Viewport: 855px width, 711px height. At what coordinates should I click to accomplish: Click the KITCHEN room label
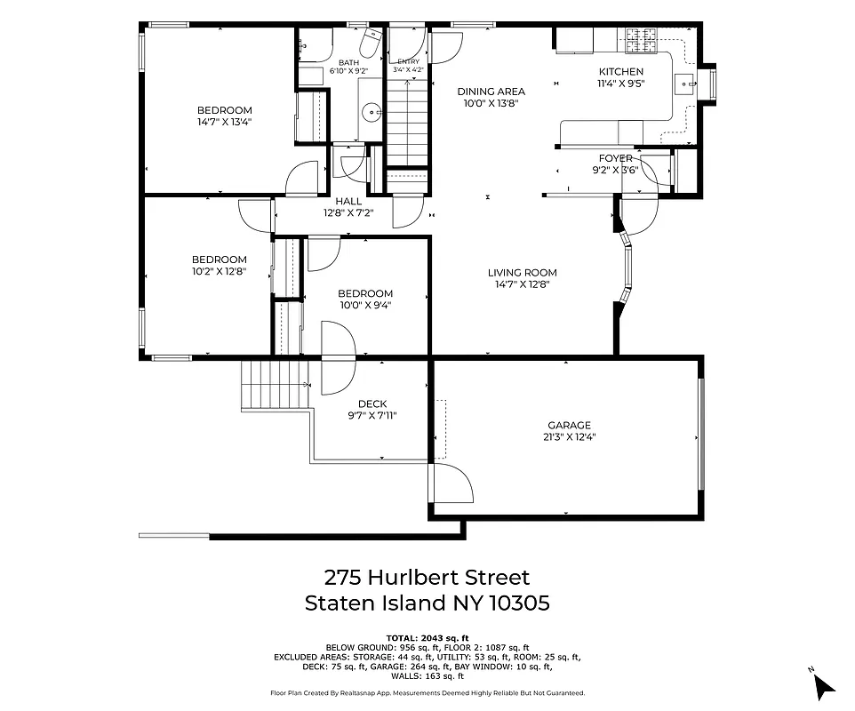pos(620,72)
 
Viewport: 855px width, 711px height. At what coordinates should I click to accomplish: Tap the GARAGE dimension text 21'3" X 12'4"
pos(568,436)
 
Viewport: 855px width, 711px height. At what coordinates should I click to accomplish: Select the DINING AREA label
pos(491,91)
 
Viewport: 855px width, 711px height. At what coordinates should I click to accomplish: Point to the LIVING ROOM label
pos(522,273)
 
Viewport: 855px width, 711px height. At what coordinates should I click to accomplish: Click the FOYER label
pos(615,158)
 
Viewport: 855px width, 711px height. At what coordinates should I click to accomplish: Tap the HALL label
pos(348,201)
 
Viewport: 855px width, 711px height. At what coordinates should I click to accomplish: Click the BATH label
pos(348,61)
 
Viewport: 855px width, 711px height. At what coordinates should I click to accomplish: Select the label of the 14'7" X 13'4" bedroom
pos(224,110)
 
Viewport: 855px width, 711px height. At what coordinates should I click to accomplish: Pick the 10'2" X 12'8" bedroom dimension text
pos(219,271)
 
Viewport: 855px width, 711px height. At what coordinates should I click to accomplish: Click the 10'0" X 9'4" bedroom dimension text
pos(364,305)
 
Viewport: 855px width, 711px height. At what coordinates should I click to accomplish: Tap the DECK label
pos(372,404)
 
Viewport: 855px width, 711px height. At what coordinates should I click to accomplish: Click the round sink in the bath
pos(372,112)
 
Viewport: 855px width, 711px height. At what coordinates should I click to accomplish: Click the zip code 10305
pos(518,603)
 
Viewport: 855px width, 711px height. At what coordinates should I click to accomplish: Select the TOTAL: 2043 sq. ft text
pos(427,638)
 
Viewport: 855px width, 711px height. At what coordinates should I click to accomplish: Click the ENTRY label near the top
pos(408,61)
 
